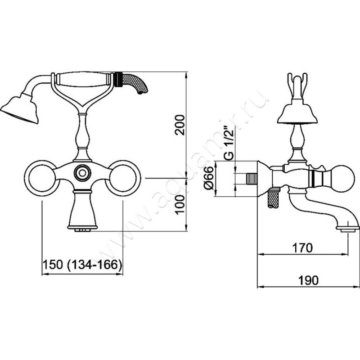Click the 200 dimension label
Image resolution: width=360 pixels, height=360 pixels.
tap(180, 125)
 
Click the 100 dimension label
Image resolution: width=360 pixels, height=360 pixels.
tap(180, 205)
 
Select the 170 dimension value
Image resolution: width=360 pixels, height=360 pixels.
tap(302, 248)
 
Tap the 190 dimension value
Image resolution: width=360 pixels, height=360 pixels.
tap(308, 280)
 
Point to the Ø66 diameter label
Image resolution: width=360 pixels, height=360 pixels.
tap(209, 178)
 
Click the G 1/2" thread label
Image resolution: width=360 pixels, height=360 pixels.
tap(229, 144)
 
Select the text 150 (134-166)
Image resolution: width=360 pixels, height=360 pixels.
tap(82, 265)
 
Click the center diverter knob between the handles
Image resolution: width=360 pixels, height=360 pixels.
tap(82, 173)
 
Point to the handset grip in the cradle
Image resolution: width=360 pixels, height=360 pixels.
tap(83, 79)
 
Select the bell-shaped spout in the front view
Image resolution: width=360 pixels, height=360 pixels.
tap(82, 210)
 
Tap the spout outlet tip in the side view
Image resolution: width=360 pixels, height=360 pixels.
tap(348, 229)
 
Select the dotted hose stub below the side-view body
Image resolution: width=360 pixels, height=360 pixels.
tap(273, 198)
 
